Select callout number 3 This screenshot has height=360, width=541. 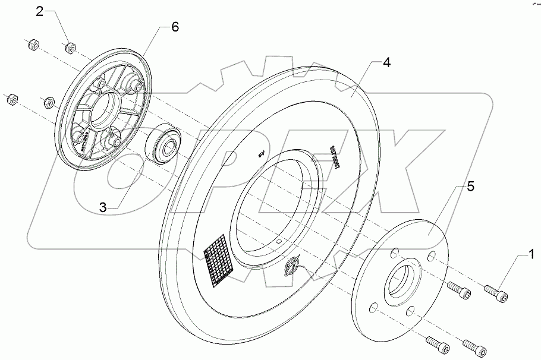103,207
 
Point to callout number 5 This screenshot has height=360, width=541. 470,186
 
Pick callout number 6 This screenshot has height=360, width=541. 174,27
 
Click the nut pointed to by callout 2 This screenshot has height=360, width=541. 70,46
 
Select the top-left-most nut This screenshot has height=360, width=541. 32,44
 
